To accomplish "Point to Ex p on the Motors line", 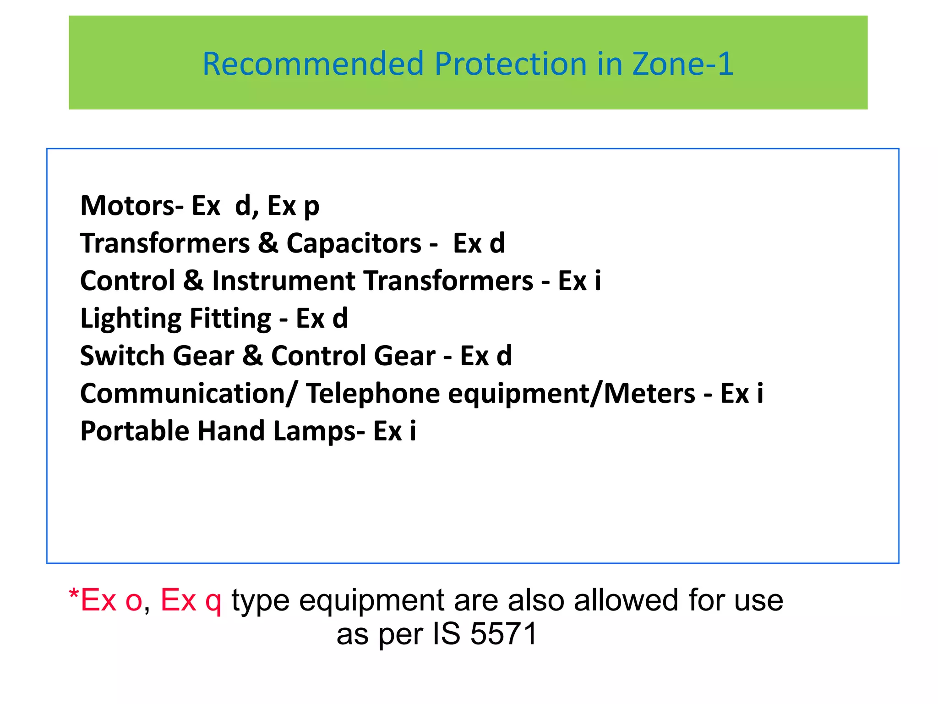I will pos(293,206).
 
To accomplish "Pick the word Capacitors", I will pos(354,243).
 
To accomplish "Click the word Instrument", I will pos(284,281).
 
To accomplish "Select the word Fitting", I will pos(230,319).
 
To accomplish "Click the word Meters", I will pos(649,394).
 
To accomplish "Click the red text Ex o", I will pos(112,600).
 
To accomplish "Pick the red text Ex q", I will pos(191,600).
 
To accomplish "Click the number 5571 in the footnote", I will pos(504,634).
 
